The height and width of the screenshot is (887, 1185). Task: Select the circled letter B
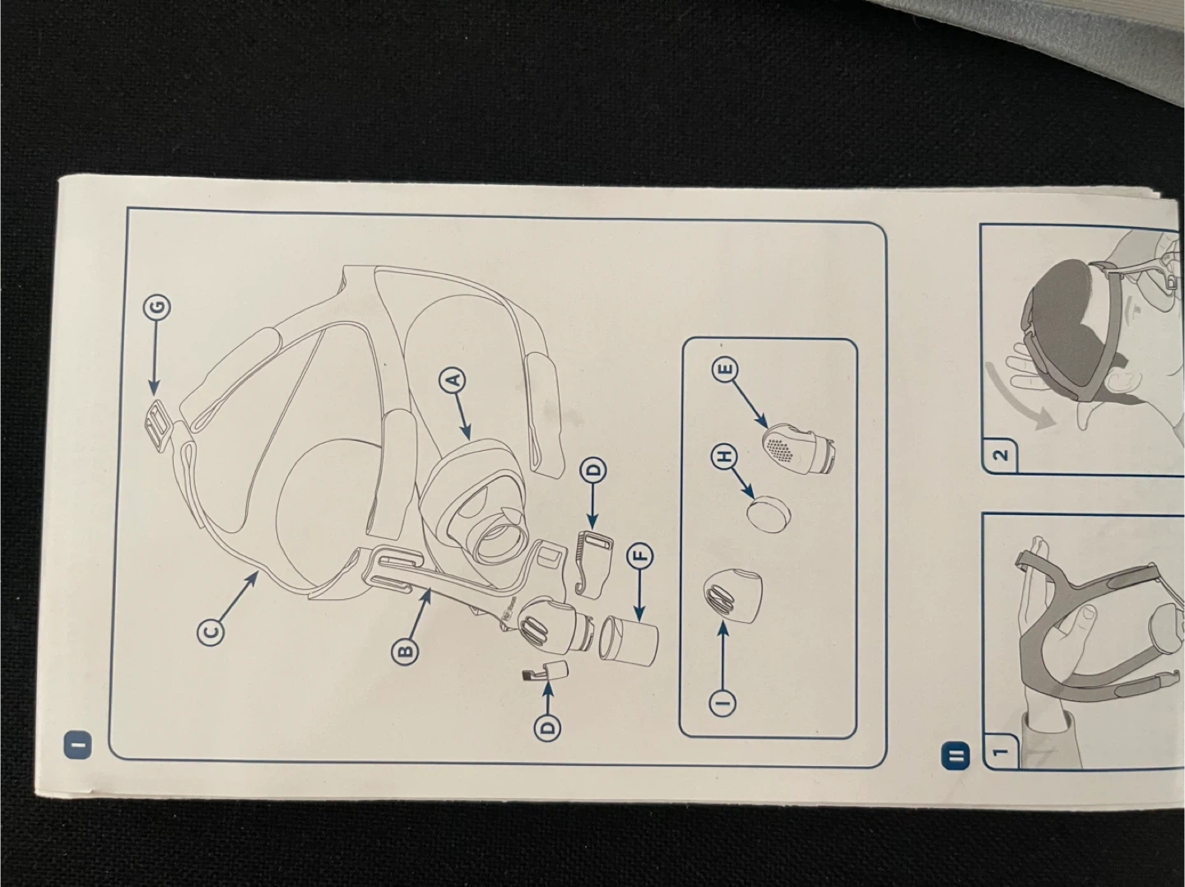pyautogui.click(x=404, y=651)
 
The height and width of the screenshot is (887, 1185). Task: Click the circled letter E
pyautogui.click(x=726, y=369)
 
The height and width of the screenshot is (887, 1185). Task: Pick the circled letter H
pyautogui.click(x=724, y=457)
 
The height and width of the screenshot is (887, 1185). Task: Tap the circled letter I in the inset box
pyautogui.click(x=723, y=702)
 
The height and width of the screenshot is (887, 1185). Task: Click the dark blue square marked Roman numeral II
pyautogui.click(x=956, y=755)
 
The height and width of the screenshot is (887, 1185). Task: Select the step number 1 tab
pyautogui.click(x=1001, y=751)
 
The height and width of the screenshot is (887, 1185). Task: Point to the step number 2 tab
pyautogui.click(x=999, y=455)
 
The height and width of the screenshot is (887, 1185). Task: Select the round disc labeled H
pyautogui.click(x=769, y=512)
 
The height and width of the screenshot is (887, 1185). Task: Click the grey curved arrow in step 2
pyautogui.click(x=1018, y=399)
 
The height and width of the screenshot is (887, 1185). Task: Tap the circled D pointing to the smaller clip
pyautogui.click(x=547, y=727)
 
